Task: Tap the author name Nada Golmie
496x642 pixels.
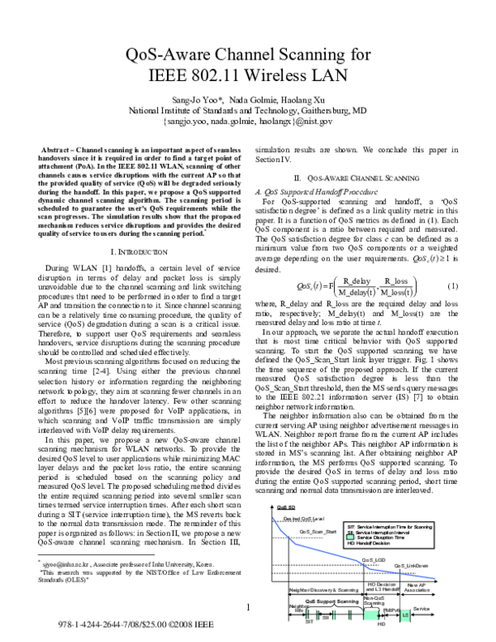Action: click(257, 98)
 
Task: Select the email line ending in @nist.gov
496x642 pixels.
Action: click(247, 121)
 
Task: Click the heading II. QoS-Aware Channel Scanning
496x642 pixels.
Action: click(355, 178)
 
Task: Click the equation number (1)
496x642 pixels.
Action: click(452, 286)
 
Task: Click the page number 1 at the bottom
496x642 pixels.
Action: click(247, 608)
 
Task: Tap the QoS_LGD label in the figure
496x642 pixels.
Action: click(373, 560)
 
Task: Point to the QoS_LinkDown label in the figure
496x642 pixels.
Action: click(411, 566)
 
